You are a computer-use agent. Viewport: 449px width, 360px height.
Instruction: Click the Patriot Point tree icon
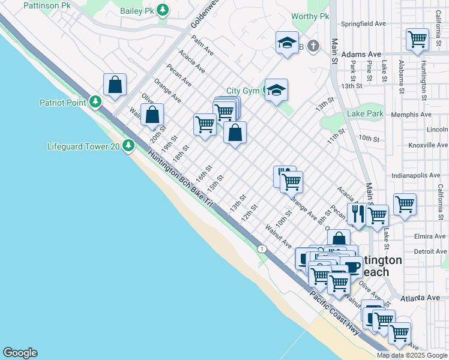[x=95, y=102]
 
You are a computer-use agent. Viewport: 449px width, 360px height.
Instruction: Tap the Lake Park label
[x=365, y=113]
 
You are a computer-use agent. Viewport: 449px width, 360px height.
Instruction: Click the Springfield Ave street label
[x=363, y=24]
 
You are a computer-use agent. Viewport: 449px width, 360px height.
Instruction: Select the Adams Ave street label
[x=361, y=54]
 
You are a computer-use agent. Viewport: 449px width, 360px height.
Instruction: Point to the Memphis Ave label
[x=411, y=115]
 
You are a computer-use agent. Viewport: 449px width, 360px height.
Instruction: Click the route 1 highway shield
[x=262, y=248]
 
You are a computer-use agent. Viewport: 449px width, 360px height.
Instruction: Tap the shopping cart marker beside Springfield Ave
[x=417, y=40]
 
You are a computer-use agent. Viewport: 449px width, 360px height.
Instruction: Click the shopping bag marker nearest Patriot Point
[x=115, y=85]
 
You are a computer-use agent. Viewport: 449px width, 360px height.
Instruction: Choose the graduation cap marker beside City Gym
[x=276, y=91]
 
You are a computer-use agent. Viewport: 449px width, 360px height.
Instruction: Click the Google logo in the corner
[x=20, y=353]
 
